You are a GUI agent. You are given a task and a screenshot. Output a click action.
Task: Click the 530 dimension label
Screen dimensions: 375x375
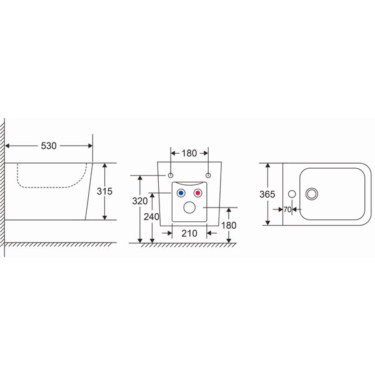(x=49, y=146)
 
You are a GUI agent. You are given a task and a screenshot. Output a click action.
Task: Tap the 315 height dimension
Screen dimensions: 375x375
(x=104, y=191)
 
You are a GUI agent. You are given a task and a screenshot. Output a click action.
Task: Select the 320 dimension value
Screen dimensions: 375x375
(x=140, y=201)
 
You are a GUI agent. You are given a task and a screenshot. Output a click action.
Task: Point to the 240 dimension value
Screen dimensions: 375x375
(x=151, y=217)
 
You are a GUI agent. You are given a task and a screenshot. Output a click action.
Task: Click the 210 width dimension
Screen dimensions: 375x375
(x=189, y=233)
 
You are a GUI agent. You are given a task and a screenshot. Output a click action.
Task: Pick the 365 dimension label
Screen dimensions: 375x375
(x=267, y=194)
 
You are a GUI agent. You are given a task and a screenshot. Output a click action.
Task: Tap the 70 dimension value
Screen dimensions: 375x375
(x=287, y=209)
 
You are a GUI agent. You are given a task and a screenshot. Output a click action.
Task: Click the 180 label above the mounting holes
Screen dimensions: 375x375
(x=189, y=153)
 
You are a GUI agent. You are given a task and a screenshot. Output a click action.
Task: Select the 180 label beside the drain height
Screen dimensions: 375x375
(x=229, y=225)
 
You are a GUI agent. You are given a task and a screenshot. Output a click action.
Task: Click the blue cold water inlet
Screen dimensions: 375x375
(x=181, y=192)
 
